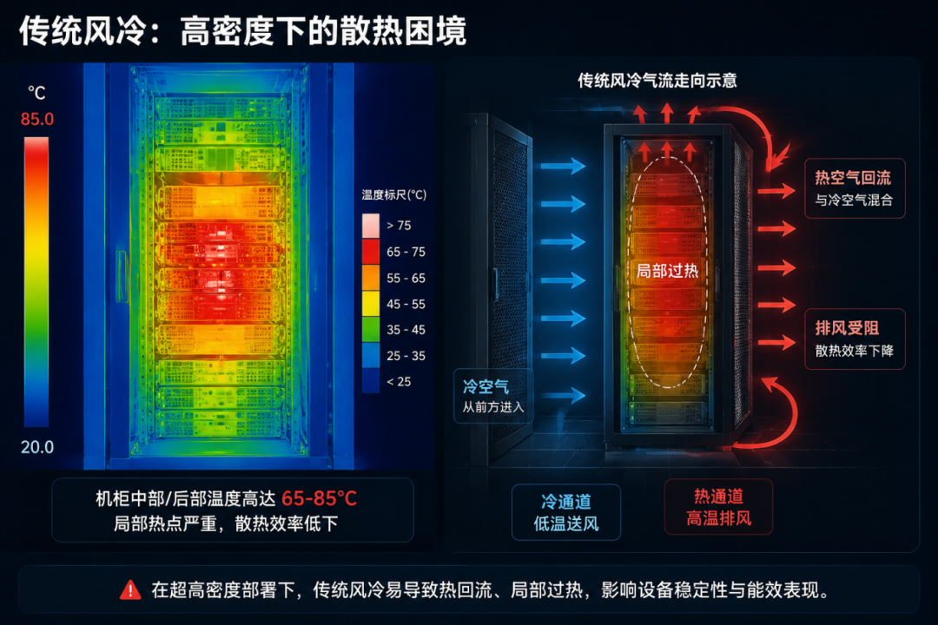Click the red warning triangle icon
pyautogui.click(x=130, y=590)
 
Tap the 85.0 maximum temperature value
pyautogui.click(x=37, y=119)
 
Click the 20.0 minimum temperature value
pyautogui.click(x=37, y=447)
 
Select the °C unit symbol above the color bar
pyautogui.click(x=36, y=93)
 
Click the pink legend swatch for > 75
pyautogui.click(x=370, y=226)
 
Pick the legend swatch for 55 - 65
pyautogui.click(x=370, y=278)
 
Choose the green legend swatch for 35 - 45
pyautogui.click(x=370, y=330)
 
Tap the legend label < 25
pyautogui.click(x=399, y=382)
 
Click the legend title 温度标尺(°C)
pyautogui.click(x=393, y=194)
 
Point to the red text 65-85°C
pyautogui.click(x=319, y=498)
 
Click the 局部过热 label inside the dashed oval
pyautogui.click(x=667, y=271)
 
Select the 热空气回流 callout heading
pyautogui.click(x=853, y=178)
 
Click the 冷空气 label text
pyautogui.click(x=486, y=387)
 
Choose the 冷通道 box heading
pyautogui.click(x=566, y=501)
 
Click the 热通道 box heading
pyautogui.click(x=718, y=497)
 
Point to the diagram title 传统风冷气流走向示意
pyautogui.click(x=657, y=80)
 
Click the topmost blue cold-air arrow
pyautogui.click(x=563, y=166)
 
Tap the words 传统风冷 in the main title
pyautogui.click(x=82, y=31)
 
